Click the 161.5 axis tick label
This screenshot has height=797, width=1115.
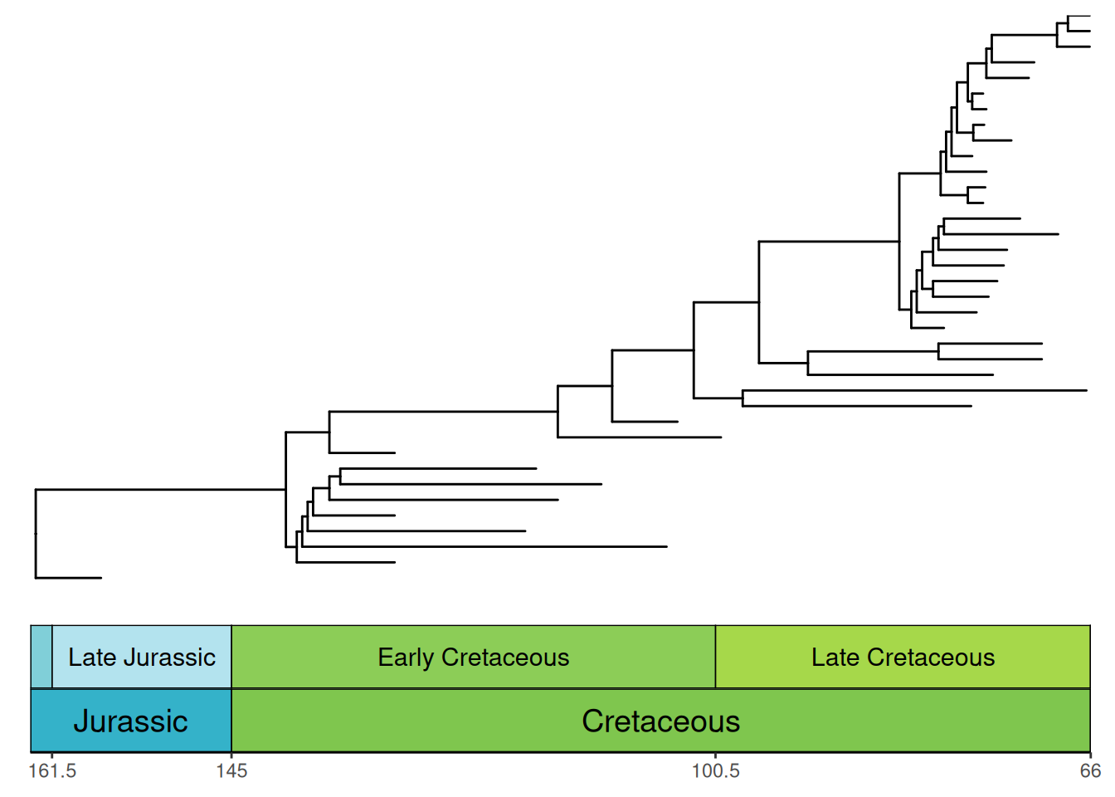(52, 771)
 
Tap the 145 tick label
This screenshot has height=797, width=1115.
(231, 771)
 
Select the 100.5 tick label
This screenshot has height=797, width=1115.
(716, 771)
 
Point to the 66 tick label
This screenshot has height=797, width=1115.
(1090, 771)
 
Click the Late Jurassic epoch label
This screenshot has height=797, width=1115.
(142, 657)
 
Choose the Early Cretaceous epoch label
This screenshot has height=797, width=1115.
(474, 658)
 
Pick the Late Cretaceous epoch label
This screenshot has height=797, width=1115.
(903, 657)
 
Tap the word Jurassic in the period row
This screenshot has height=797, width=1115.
(131, 721)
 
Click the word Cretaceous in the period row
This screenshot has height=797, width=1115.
(661, 721)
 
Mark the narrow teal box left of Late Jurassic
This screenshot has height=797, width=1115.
(41, 657)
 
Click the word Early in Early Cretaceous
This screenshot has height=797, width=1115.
(406, 658)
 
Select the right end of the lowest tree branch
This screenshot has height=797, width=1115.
(101, 578)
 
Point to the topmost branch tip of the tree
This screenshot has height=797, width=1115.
(1090, 17)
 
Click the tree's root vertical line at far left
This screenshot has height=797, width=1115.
(36, 534)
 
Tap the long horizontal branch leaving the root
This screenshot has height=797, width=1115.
(161, 490)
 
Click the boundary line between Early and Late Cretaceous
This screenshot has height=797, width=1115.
(716, 657)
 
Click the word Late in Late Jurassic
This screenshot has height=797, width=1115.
(93, 657)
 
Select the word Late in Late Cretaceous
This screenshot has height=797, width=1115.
(835, 657)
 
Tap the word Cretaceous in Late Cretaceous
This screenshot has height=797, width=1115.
(931, 657)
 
